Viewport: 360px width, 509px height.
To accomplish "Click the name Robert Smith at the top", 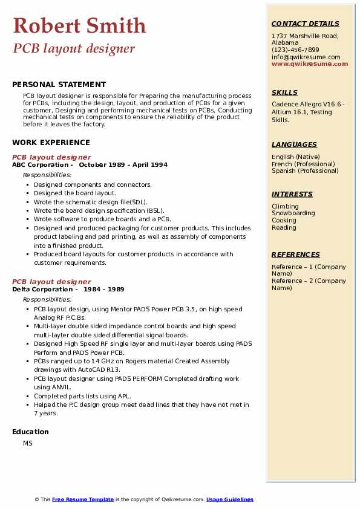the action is pyautogui.click(x=79, y=25).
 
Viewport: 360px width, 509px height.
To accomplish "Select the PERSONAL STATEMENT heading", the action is pyautogui.click(x=59, y=85).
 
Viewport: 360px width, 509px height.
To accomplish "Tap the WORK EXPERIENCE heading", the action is pyautogui.click(x=51, y=143).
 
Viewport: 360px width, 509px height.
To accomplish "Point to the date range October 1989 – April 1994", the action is pyautogui.click(x=123, y=164).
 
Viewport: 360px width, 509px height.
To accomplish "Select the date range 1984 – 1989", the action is pyautogui.click(x=103, y=289).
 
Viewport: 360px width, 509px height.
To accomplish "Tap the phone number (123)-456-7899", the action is pyautogui.click(x=295, y=50).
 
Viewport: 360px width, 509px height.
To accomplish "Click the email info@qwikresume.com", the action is pyautogui.click(x=306, y=57).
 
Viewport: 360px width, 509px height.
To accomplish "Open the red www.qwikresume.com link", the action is pyautogui.click(x=310, y=63).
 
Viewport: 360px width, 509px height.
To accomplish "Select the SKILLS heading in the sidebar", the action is pyautogui.click(x=284, y=93).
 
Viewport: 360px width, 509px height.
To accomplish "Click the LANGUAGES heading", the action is pyautogui.click(x=294, y=145).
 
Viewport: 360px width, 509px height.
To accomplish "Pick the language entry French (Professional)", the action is pyautogui.click(x=302, y=164).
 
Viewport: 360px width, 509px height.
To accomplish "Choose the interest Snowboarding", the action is pyautogui.click(x=293, y=213).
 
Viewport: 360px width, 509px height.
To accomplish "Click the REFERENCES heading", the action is pyautogui.click(x=296, y=255).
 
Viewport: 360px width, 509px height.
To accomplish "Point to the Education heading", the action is pyautogui.click(x=30, y=432).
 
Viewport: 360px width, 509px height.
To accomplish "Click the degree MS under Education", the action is pyautogui.click(x=28, y=443).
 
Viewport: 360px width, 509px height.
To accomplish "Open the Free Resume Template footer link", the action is pyautogui.click(x=83, y=499).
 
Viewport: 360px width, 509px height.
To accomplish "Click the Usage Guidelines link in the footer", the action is pyautogui.click(x=229, y=499).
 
